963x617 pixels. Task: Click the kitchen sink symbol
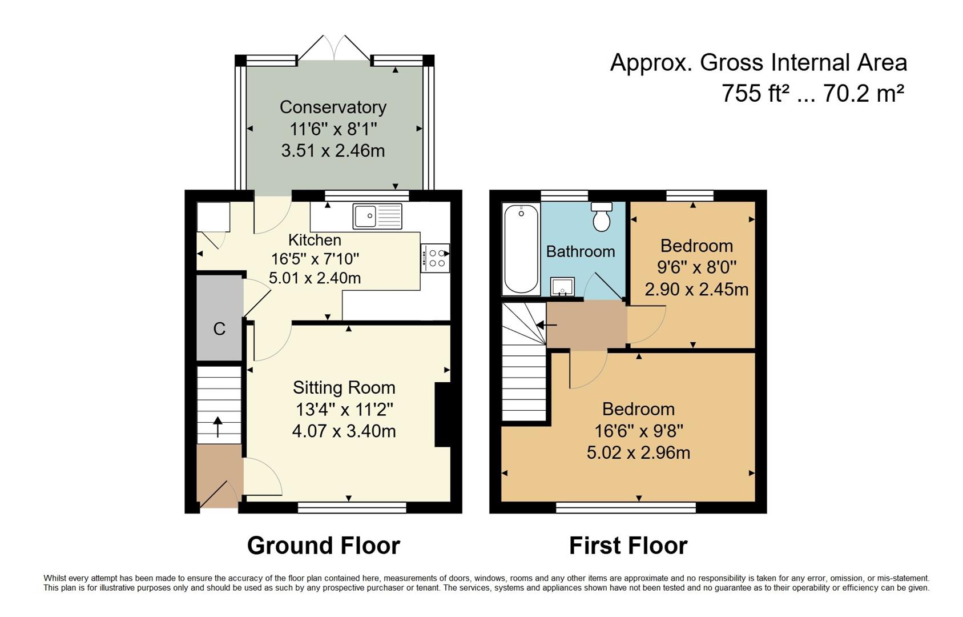377,216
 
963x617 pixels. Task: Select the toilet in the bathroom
602,217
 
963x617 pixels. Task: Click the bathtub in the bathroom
521,249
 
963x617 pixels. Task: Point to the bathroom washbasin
562,286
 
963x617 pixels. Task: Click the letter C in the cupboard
219,328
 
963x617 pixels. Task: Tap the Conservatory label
333,107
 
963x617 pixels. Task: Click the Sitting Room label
344,387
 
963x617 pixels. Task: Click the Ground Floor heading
323,546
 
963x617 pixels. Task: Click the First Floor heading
628,546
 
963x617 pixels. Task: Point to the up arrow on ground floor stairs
217,426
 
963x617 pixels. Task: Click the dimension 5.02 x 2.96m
638,452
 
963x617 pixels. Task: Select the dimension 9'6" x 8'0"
696,267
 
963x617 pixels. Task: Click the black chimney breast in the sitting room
442,414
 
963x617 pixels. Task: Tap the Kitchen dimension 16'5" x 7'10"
315,259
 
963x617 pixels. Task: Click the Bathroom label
580,251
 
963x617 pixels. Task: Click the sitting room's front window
352,507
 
